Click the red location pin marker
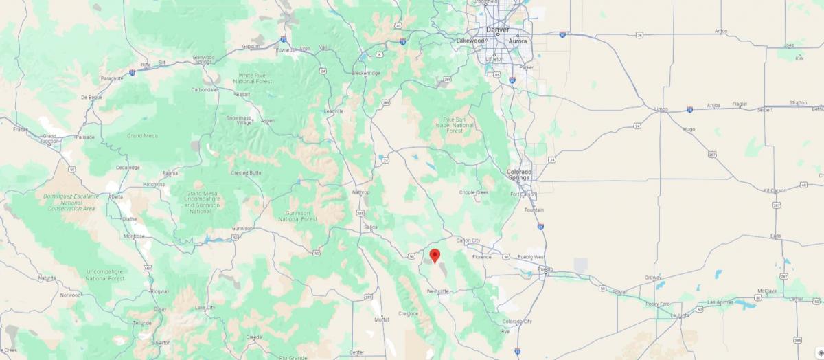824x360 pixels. (434, 256)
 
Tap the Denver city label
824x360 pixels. (497, 30)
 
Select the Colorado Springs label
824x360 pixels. (519, 175)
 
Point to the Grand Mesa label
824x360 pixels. (142, 136)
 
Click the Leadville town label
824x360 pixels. (333, 111)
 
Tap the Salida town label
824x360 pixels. (371, 227)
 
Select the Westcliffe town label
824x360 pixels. (437, 291)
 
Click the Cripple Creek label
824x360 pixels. (474, 192)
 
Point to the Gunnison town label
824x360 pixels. (242, 228)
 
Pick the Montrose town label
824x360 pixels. (134, 236)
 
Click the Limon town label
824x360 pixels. (661, 109)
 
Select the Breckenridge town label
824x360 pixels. (365, 73)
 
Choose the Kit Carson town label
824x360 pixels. (773, 190)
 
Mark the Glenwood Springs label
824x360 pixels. (204, 60)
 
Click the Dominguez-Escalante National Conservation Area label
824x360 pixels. (71, 202)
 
